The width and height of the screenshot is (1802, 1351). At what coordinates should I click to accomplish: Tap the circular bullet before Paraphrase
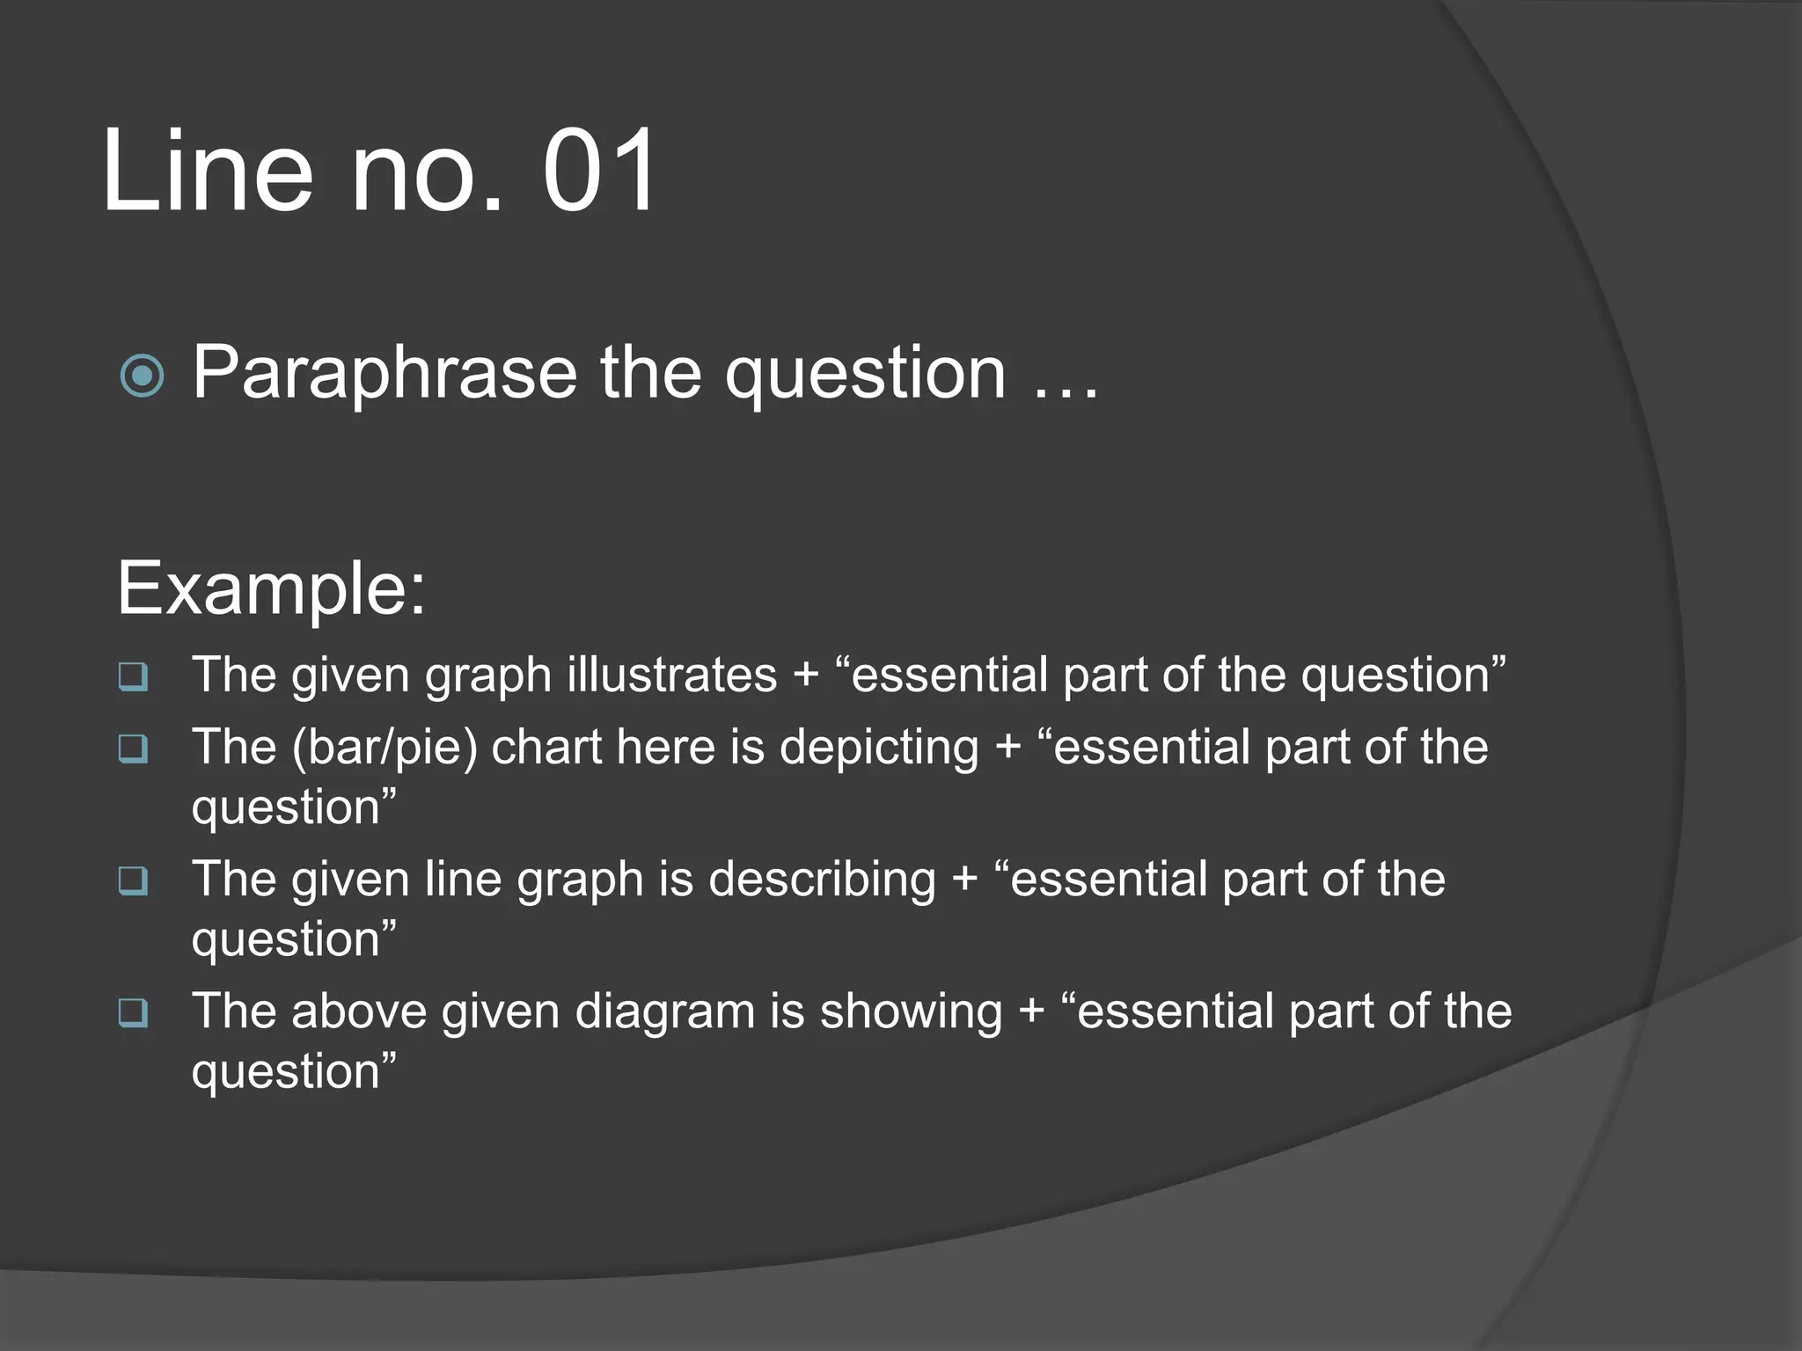pos(142,376)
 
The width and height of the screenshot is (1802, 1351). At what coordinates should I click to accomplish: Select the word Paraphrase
pos(385,373)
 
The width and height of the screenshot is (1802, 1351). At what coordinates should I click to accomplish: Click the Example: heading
pos(271,588)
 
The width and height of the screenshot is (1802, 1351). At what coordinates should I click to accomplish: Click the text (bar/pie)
pos(385,748)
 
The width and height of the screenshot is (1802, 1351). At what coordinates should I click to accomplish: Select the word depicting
pos(879,748)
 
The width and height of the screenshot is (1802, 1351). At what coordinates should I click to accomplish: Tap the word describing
pos(823,880)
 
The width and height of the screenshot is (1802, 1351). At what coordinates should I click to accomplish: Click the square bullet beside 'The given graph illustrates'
pos(134,676)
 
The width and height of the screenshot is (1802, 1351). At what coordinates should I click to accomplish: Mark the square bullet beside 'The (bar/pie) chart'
pos(134,749)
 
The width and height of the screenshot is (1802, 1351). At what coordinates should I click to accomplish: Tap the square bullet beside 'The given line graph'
pos(134,880)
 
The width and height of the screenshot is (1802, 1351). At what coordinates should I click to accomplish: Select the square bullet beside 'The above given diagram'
pos(134,1012)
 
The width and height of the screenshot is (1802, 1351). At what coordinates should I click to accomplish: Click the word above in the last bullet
pos(359,1011)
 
